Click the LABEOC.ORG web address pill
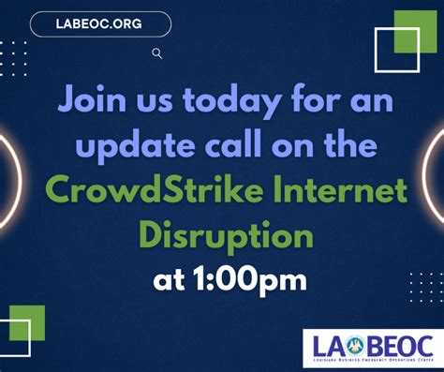point(101,23)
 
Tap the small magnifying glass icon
point(157,53)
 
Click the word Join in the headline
point(92,99)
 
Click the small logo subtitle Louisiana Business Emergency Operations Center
point(370,360)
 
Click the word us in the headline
point(148,99)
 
